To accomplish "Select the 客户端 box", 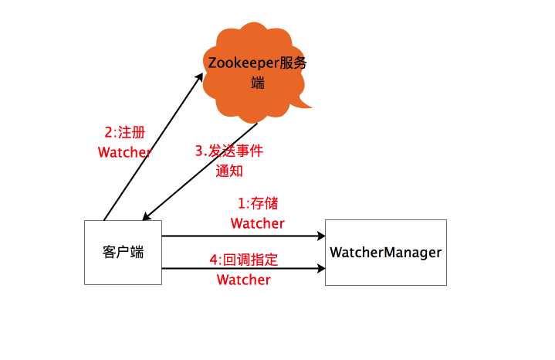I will [x=123, y=252].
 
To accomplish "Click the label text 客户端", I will [x=123, y=253].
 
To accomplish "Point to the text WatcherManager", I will [x=385, y=253].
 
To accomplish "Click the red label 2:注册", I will [x=124, y=132].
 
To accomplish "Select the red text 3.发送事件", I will [x=228, y=151].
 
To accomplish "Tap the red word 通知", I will [x=229, y=172].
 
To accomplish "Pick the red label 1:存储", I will [x=257, y=204].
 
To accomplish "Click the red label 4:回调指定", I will [x=244, y=260].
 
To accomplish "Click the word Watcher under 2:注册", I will [x=124, y=152].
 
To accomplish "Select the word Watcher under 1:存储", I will [x=257, y=223].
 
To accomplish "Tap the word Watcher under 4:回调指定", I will [x=244, y=280].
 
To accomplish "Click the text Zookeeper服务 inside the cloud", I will [x=254, y=63].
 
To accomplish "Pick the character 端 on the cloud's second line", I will [x=258, y=83].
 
